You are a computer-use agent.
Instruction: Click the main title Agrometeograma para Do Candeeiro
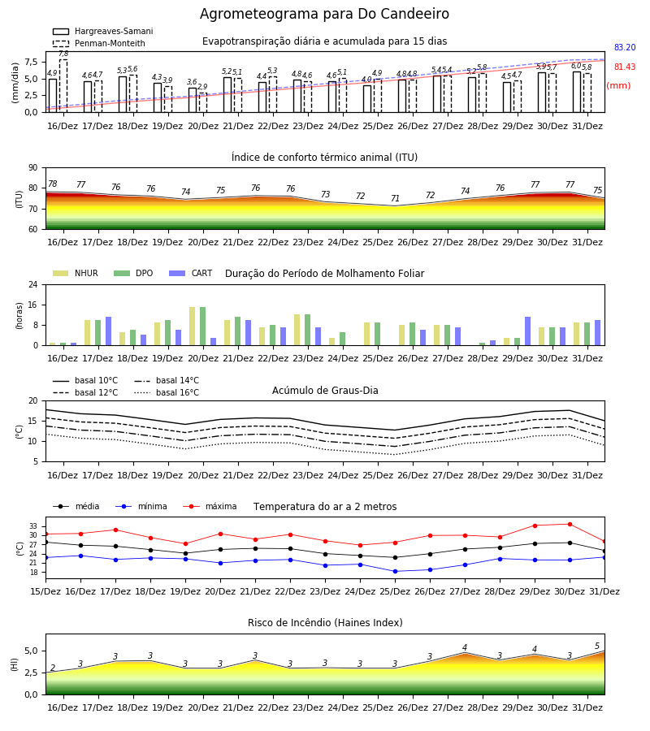324,14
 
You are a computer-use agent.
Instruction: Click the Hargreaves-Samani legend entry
103,31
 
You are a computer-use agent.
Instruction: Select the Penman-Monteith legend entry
99,43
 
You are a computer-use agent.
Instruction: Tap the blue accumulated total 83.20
625,47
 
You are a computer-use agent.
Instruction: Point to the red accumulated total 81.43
625,67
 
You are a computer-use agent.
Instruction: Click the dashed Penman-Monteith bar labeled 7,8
63,86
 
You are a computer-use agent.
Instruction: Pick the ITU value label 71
396,198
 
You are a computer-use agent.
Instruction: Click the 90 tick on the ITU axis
33,168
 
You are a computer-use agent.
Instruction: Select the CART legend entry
191,273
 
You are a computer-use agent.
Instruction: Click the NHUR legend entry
76,273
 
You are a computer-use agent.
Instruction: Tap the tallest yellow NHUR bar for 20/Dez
192,327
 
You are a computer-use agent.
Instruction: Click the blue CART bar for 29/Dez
528,331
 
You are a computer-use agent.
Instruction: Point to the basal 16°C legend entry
167,392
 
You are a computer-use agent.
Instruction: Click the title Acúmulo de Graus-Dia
325,390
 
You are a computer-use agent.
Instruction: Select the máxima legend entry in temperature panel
210,506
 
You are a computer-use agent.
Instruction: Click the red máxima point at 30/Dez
570,524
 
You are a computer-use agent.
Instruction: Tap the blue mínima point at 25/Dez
396,571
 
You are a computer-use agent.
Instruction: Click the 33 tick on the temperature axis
33,526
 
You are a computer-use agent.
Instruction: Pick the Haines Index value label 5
597,647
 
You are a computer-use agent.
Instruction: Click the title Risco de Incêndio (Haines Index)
325,623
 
